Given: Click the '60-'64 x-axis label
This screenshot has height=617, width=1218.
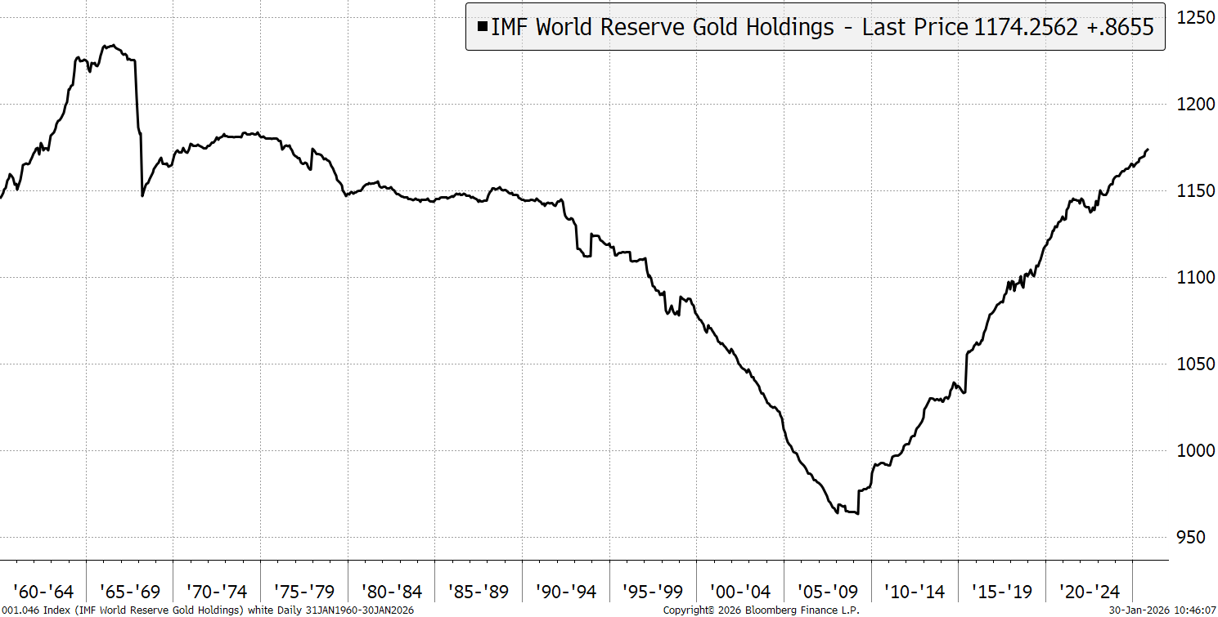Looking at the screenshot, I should [43, 591].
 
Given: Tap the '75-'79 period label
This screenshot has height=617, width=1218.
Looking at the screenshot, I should [304, 591].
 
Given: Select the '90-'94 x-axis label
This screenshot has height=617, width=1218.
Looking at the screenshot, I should [566, 591].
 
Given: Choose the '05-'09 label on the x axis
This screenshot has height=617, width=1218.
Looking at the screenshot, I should [828, 591].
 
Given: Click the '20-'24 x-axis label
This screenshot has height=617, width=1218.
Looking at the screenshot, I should [1090, 591].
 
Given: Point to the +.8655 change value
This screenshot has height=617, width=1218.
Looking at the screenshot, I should [1124, 27].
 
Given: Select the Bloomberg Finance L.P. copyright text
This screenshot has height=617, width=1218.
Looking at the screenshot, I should [761, 610].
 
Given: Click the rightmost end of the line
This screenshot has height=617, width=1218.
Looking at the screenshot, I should [1148, 150].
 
